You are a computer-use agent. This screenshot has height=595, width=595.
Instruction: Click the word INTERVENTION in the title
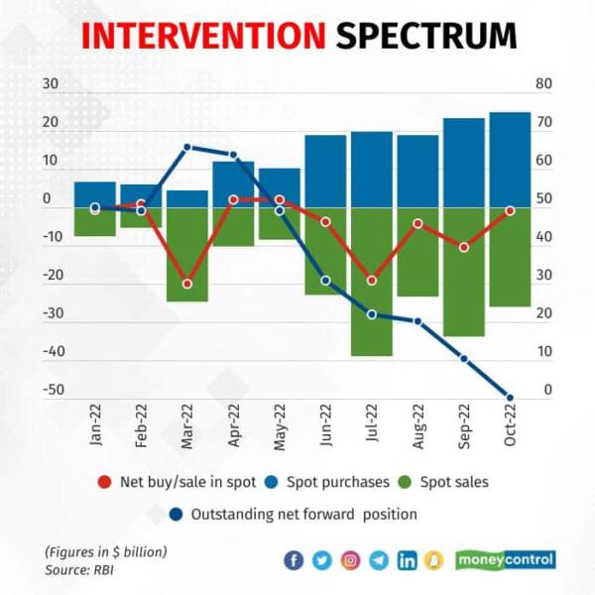[202, 36]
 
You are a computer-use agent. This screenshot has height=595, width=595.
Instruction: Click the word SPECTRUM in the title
[426, 36]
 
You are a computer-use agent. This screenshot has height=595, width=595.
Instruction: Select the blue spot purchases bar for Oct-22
[510, 159]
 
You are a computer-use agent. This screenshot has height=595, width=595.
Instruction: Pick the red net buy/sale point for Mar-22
[186, 284]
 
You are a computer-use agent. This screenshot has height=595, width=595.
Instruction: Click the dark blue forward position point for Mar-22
[186, 148]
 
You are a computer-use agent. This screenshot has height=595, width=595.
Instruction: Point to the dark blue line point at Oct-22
[510, 397]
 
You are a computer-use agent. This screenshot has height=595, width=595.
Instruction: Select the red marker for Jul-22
[372, 281]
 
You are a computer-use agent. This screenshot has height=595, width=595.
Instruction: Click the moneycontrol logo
[506, 559]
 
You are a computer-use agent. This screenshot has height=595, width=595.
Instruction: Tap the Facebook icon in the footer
[294, 560]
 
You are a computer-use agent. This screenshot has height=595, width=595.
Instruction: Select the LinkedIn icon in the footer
[407, 560]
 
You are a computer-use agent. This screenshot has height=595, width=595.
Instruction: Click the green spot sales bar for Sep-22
[464, 272]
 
